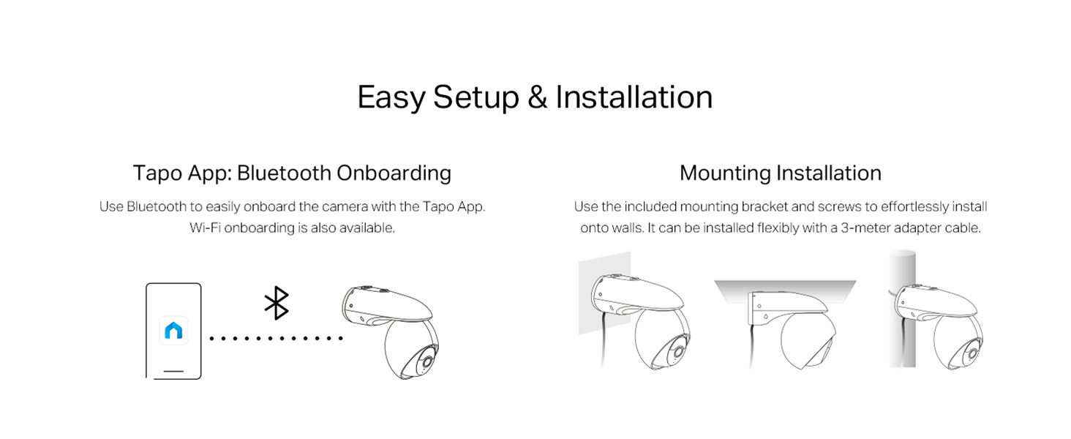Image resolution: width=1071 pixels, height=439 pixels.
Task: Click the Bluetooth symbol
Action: click(x=277, y=303)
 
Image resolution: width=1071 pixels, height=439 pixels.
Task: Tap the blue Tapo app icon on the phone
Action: click(x=173, y=331)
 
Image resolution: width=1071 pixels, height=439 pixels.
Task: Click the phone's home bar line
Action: click(x=173, y=371)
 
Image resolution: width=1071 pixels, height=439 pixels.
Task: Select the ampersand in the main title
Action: click(x=538, y=97)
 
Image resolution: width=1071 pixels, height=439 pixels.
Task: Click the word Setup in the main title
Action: click(x=476, y=98)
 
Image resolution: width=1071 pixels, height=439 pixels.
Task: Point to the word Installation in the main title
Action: click(x=634, y=97)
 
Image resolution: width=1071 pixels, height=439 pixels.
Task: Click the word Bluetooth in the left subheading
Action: click(x=284, y=173)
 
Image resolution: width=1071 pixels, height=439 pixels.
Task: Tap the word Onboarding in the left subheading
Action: click(x=394, y=173)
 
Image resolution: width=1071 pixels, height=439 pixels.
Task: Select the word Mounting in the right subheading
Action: click(x=725, y=173)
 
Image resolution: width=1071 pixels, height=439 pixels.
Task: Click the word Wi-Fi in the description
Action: click(x=205, y=228)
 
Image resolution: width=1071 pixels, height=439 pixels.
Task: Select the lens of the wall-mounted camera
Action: click(x=676, y=353)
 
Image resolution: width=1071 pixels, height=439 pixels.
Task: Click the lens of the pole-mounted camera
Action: click(x=971, y=354)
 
